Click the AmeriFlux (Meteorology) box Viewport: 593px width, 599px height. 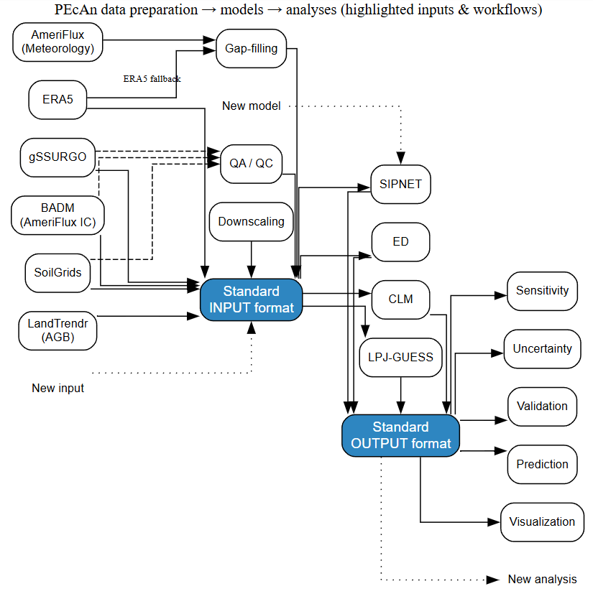click(x=58, y=42)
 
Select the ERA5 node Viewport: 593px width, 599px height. click(x=58, y=99)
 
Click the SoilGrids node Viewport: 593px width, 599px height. click(x=58, y=272)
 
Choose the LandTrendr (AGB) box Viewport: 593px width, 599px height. click(x=58, y=330)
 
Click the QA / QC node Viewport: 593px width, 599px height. click(x=252, y=163)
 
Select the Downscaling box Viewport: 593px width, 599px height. click(x=252, y=221)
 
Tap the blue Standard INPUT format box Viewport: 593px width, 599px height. click(x=252, y=299)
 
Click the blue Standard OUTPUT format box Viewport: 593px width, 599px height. click(x=400, y=435)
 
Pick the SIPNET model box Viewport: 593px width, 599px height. click(x=400, y=184)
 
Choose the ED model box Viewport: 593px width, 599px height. click(x=400, y=241)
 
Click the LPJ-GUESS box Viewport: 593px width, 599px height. click(x=400, y=356)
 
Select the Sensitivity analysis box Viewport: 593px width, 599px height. click(x=542, y=291)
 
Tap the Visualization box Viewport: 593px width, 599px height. click(x=542, y=522)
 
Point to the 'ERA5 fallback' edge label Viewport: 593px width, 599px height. click(x=152, y=78)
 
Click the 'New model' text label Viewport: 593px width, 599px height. click(x=251, y=106)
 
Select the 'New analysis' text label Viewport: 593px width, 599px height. click(x=542, y=580)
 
